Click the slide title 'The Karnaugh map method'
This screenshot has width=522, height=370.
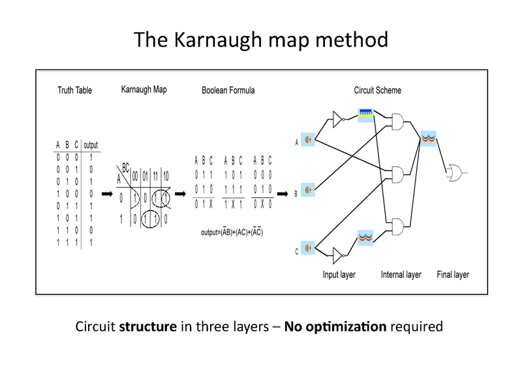click(261, 40)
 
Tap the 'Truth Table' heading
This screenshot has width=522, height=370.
click(75, 90)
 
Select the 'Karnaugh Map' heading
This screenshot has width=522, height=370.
click(144, 89)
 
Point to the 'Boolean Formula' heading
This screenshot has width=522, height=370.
click(228, 90)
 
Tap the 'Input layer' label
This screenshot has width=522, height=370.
click(339, 275)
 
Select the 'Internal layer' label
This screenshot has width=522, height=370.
click(401, 275)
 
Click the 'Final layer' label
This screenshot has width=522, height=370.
click(453, 275)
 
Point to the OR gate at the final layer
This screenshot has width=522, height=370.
click(454, 173)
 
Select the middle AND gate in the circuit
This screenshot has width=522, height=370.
click(397, 174)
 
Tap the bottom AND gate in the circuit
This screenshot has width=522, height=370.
click(397, 227)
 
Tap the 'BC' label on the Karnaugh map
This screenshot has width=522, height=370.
click(124, 167)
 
